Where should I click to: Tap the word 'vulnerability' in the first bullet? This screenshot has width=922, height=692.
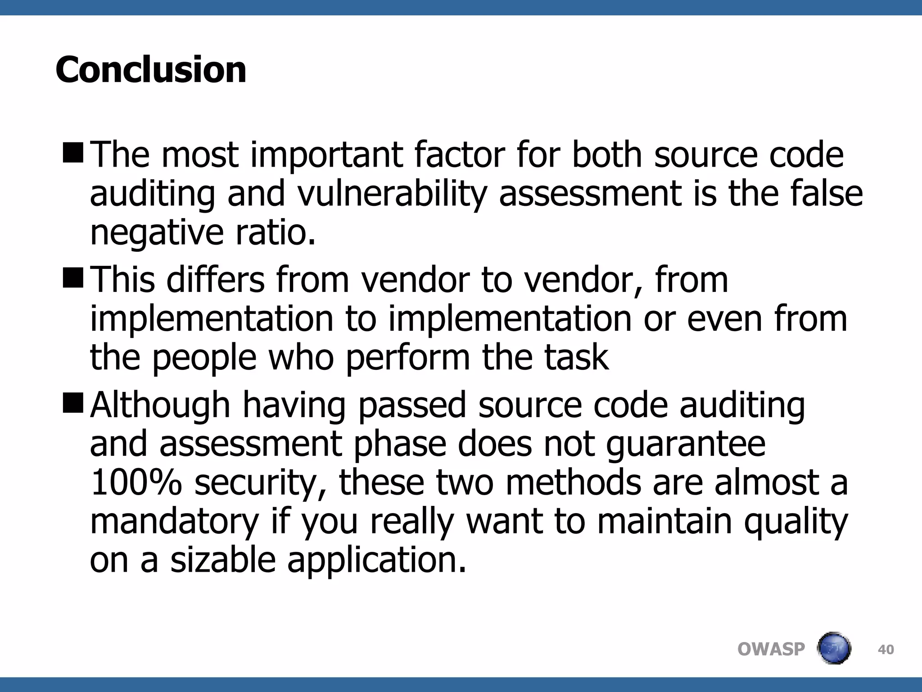(x=392, y=194)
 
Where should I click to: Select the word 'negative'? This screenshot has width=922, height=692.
(x=157, y=233)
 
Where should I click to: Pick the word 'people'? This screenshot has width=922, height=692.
(x=204, y=358)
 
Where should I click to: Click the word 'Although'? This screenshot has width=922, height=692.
(x=160, y=405)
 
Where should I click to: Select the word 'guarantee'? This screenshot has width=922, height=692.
(x=685, y=444)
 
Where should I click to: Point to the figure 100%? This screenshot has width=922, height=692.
(x=136, y=483)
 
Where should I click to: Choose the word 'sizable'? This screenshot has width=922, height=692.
(x=223, y=560)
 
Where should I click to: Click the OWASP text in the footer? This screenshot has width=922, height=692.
(x=771, y=649)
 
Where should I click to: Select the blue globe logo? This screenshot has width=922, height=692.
(x=833, y=648)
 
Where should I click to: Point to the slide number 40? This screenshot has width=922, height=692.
(x=886, y=650)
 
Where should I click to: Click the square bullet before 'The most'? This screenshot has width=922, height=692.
(x=73, y=152)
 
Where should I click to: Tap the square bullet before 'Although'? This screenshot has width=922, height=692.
(x=73, y=402)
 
